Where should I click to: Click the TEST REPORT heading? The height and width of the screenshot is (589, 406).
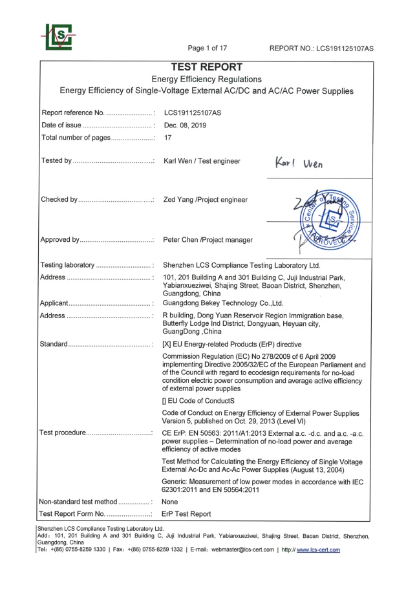coord(206,67)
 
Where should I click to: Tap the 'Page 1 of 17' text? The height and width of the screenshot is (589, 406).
coord(207,48)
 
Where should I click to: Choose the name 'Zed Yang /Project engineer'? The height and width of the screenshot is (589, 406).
coord(205,200)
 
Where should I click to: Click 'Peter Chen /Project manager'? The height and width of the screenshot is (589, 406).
coord(208,240)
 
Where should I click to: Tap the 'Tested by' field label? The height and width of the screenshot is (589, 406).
coord(56,161)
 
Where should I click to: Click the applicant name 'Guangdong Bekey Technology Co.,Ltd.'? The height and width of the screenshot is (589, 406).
coord(223,303)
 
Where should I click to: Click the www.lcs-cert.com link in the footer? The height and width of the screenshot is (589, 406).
coord(318,550)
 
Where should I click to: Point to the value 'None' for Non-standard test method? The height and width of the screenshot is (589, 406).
coord(170,501)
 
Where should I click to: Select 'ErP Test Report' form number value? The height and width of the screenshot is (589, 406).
coord(186,514)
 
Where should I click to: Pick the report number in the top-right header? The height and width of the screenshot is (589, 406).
coord(322,48)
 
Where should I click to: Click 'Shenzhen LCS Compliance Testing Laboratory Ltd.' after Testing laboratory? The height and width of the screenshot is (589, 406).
coord(241,265)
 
